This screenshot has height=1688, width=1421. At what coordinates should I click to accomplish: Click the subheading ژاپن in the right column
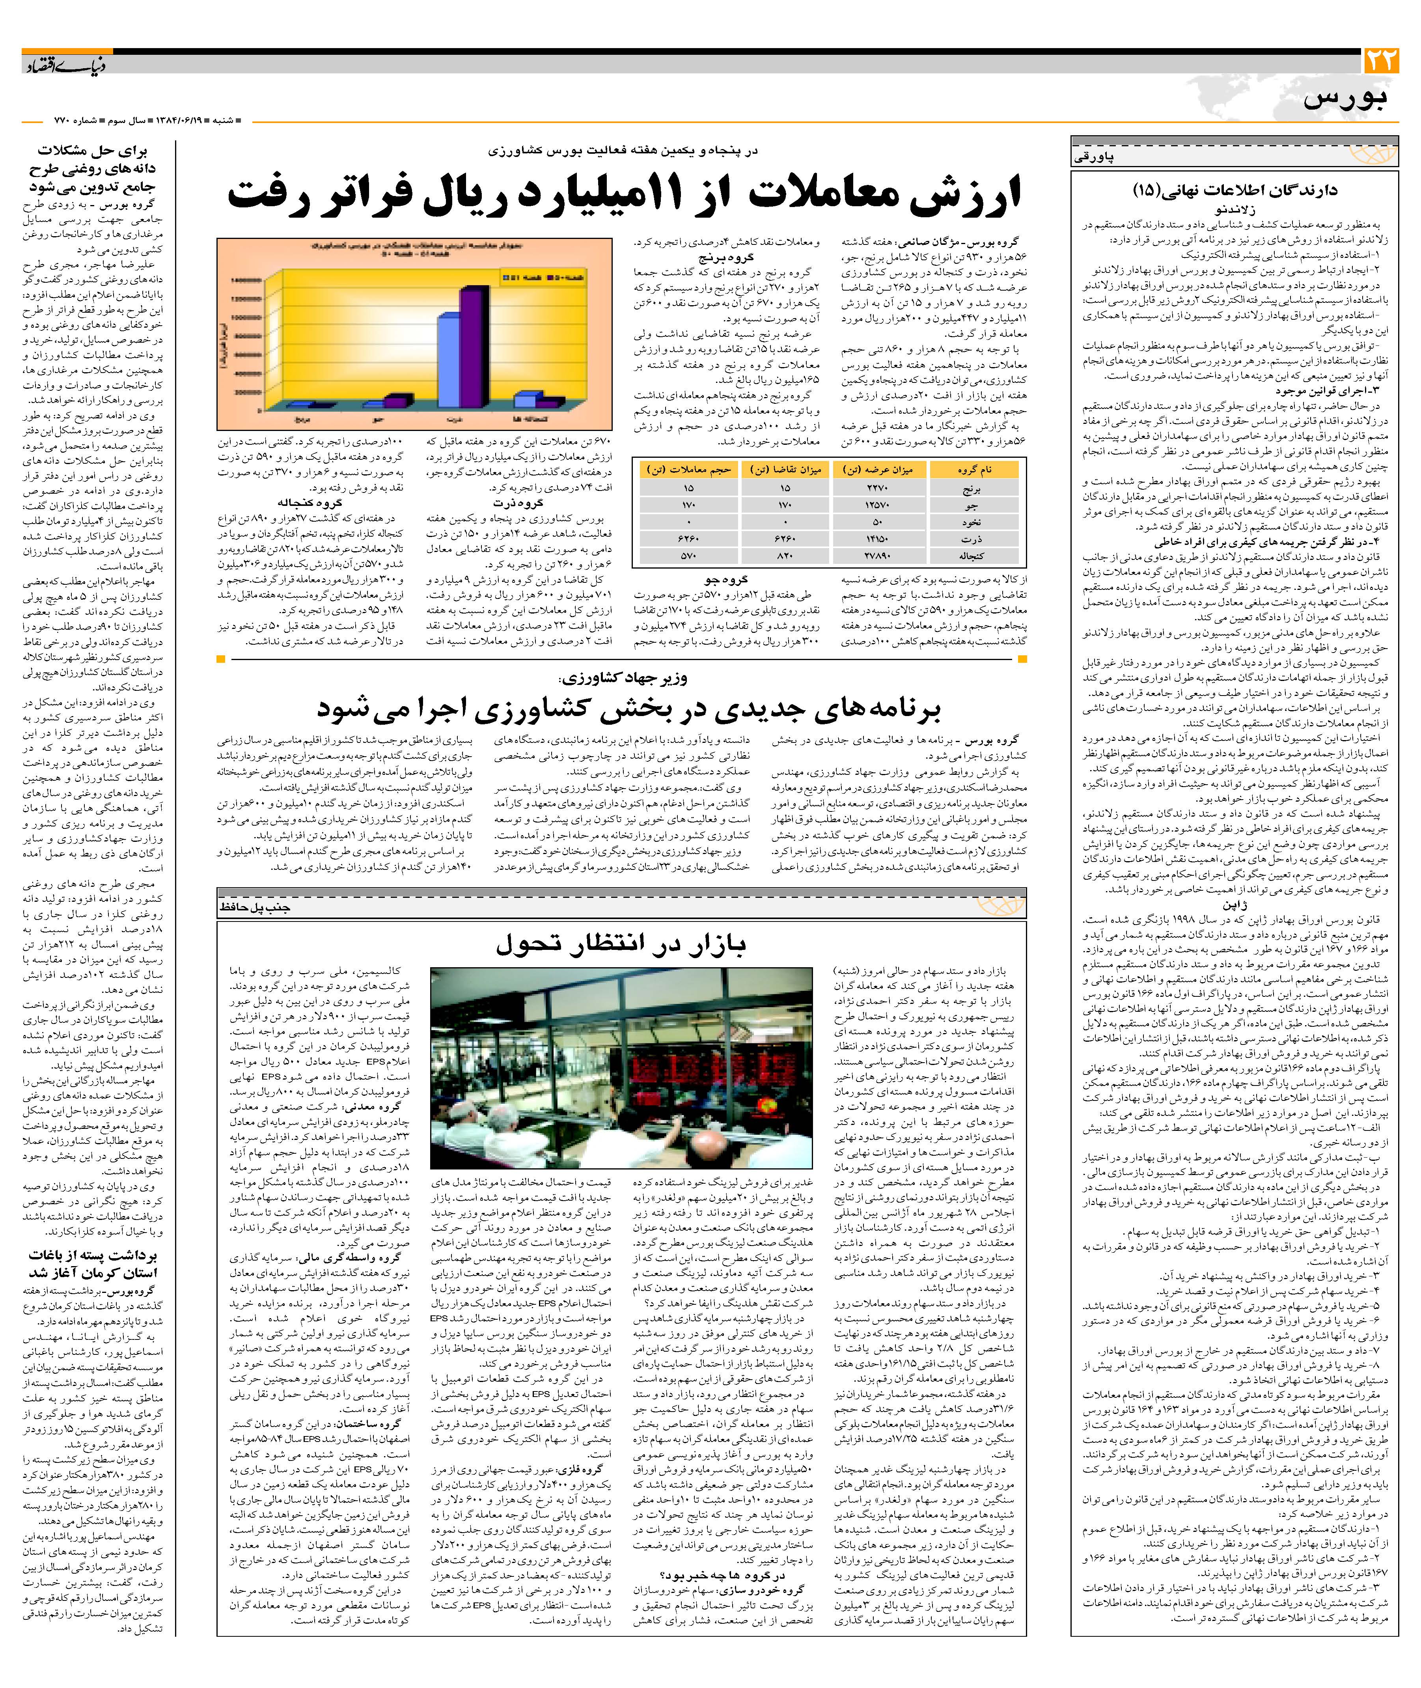1237,906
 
